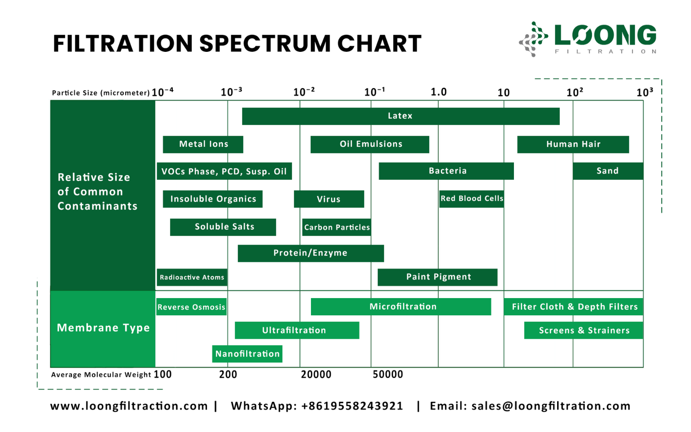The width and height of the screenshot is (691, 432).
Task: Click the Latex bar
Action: [x=400, y=116]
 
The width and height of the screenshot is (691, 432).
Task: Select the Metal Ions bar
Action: [x=203, y=144]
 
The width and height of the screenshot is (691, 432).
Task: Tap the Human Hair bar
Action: [x=573, y=144]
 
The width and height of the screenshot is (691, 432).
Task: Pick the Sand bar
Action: [x=608, y=171]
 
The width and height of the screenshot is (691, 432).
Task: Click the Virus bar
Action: [x=329, y=199]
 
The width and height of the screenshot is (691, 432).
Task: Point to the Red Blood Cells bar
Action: [x=471, y=199]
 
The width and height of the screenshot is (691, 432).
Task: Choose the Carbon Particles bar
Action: [x=336, y=227]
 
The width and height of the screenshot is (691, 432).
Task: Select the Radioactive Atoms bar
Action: [x=192, y=277]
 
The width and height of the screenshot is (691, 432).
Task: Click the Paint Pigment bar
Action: [x=437, y=277]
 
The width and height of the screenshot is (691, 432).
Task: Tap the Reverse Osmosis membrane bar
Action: [x=191, y=307]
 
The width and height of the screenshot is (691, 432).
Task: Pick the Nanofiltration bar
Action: [x=247, y=354]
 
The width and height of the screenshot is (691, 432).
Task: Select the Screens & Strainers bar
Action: [x=583, y=330]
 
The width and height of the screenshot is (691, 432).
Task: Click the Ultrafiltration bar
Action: [x=297, y=330]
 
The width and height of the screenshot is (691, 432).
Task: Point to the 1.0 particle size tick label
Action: [x=438, y=92]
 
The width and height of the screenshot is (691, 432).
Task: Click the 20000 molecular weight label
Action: [x=316, y=375]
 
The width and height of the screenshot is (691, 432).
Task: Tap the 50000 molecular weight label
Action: [x=387, y=375]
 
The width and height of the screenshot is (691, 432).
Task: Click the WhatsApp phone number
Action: [x=352, y=406]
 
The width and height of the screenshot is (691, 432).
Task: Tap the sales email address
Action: [x=551, y=406]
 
